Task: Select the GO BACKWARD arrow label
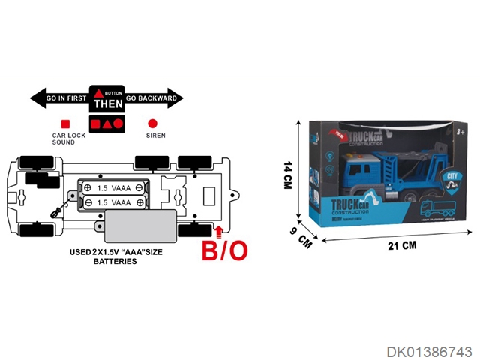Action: pos(151,97)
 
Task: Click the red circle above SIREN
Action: pos(153,123)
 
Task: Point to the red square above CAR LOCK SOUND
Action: pos(65,123)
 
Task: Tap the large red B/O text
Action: pos(224,250)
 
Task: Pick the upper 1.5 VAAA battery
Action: pos(114,187)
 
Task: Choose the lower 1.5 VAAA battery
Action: pos(114,202)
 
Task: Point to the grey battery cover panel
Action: pos(141,223)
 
